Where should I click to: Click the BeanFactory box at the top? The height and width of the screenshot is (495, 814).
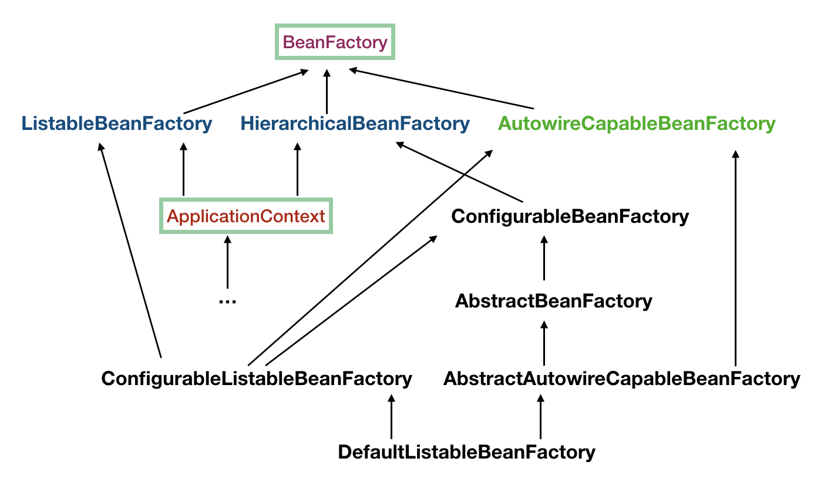335,42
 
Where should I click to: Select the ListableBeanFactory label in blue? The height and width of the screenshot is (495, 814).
116,124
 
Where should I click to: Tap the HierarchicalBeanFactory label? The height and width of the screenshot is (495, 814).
355,124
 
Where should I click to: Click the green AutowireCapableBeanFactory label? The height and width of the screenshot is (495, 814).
637,124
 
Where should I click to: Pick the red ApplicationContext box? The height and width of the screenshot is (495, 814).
246,216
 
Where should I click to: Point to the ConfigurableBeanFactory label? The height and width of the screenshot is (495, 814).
570,216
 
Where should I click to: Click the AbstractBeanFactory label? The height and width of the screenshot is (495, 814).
553,302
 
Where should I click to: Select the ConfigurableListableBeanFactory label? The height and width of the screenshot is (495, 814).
257,379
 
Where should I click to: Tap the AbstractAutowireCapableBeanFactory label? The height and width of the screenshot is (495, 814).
621,379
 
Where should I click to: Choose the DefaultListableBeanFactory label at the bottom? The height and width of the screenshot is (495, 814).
466,452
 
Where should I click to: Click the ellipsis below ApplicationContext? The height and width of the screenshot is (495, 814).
227,301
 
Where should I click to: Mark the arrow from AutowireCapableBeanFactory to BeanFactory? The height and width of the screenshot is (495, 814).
440,89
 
